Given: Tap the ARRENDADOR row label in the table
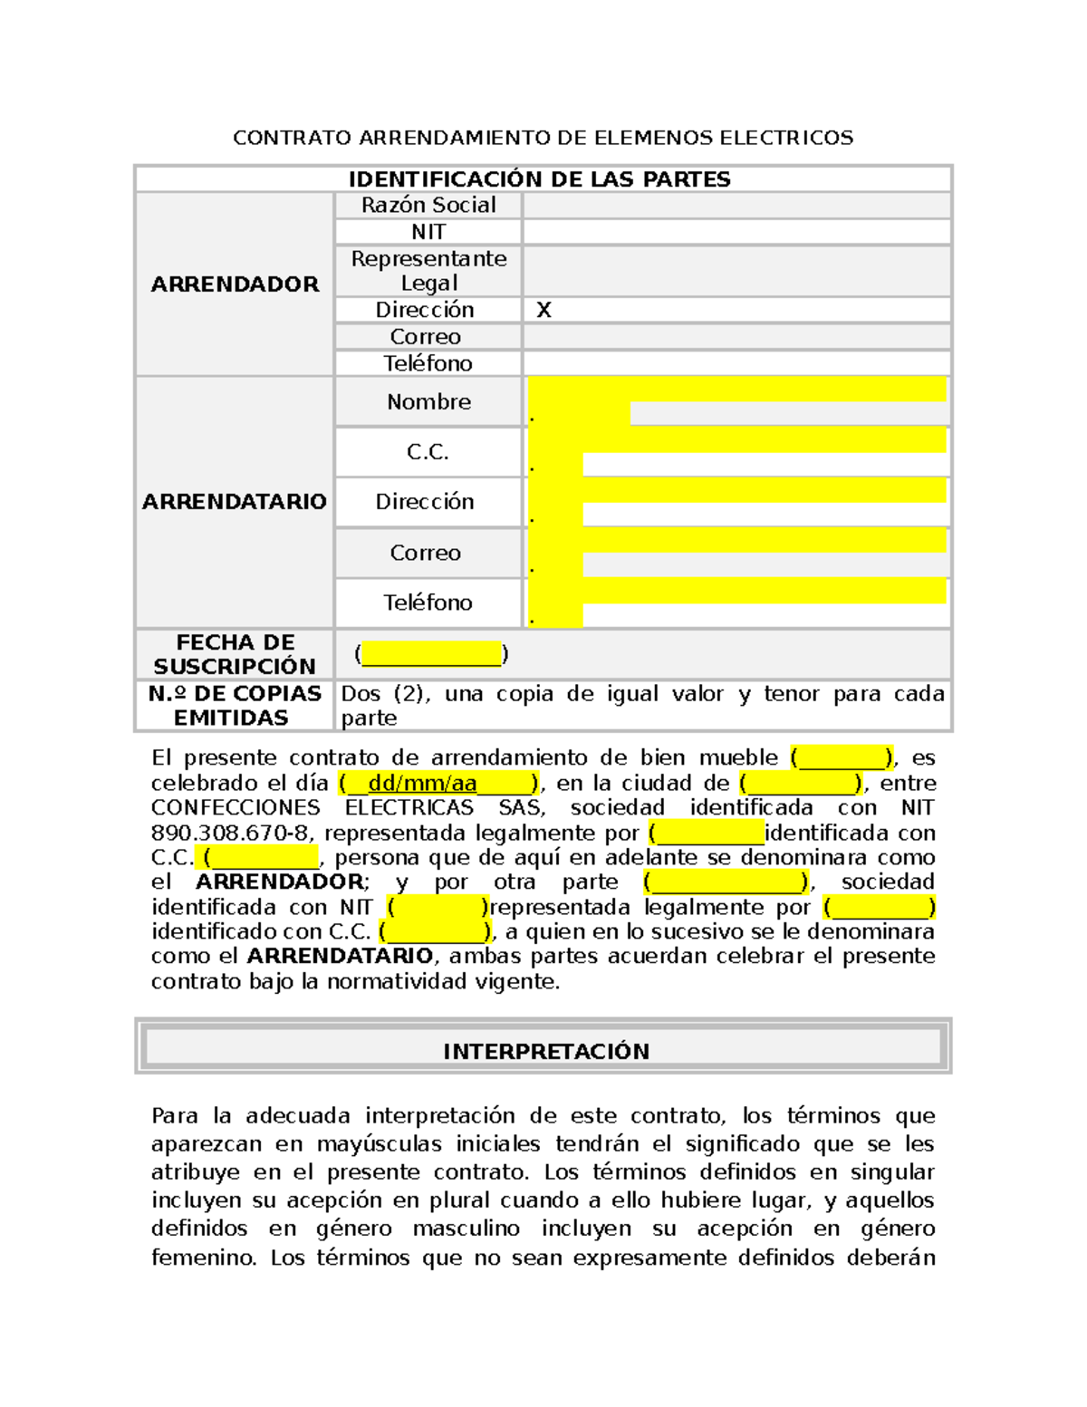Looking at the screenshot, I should (x=235, y=284).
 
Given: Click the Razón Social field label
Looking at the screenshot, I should (x=428, y=206).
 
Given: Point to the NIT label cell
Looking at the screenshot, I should (x=428, y=232).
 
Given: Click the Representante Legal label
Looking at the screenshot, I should (x=428, y=271).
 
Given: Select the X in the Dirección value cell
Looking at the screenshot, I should (x=543, y=310).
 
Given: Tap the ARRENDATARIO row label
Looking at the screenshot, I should (x=235, y=502).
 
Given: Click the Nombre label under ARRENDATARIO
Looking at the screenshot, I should (x=428, y=402).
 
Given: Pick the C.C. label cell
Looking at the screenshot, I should (x=428, y=452).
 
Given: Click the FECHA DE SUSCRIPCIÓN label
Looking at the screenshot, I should (x=235, y=654).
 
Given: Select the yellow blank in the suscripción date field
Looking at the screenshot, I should (x=431, y=654).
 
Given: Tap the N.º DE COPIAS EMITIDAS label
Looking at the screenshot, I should (x=235, y=706).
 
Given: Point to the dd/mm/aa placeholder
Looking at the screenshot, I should (x=422, y=783).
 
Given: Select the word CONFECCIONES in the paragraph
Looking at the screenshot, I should (x=236, y=807).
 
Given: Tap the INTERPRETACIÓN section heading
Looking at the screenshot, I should (x=545, y=1051).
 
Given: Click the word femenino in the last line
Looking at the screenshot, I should (x=203, y=1258).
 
